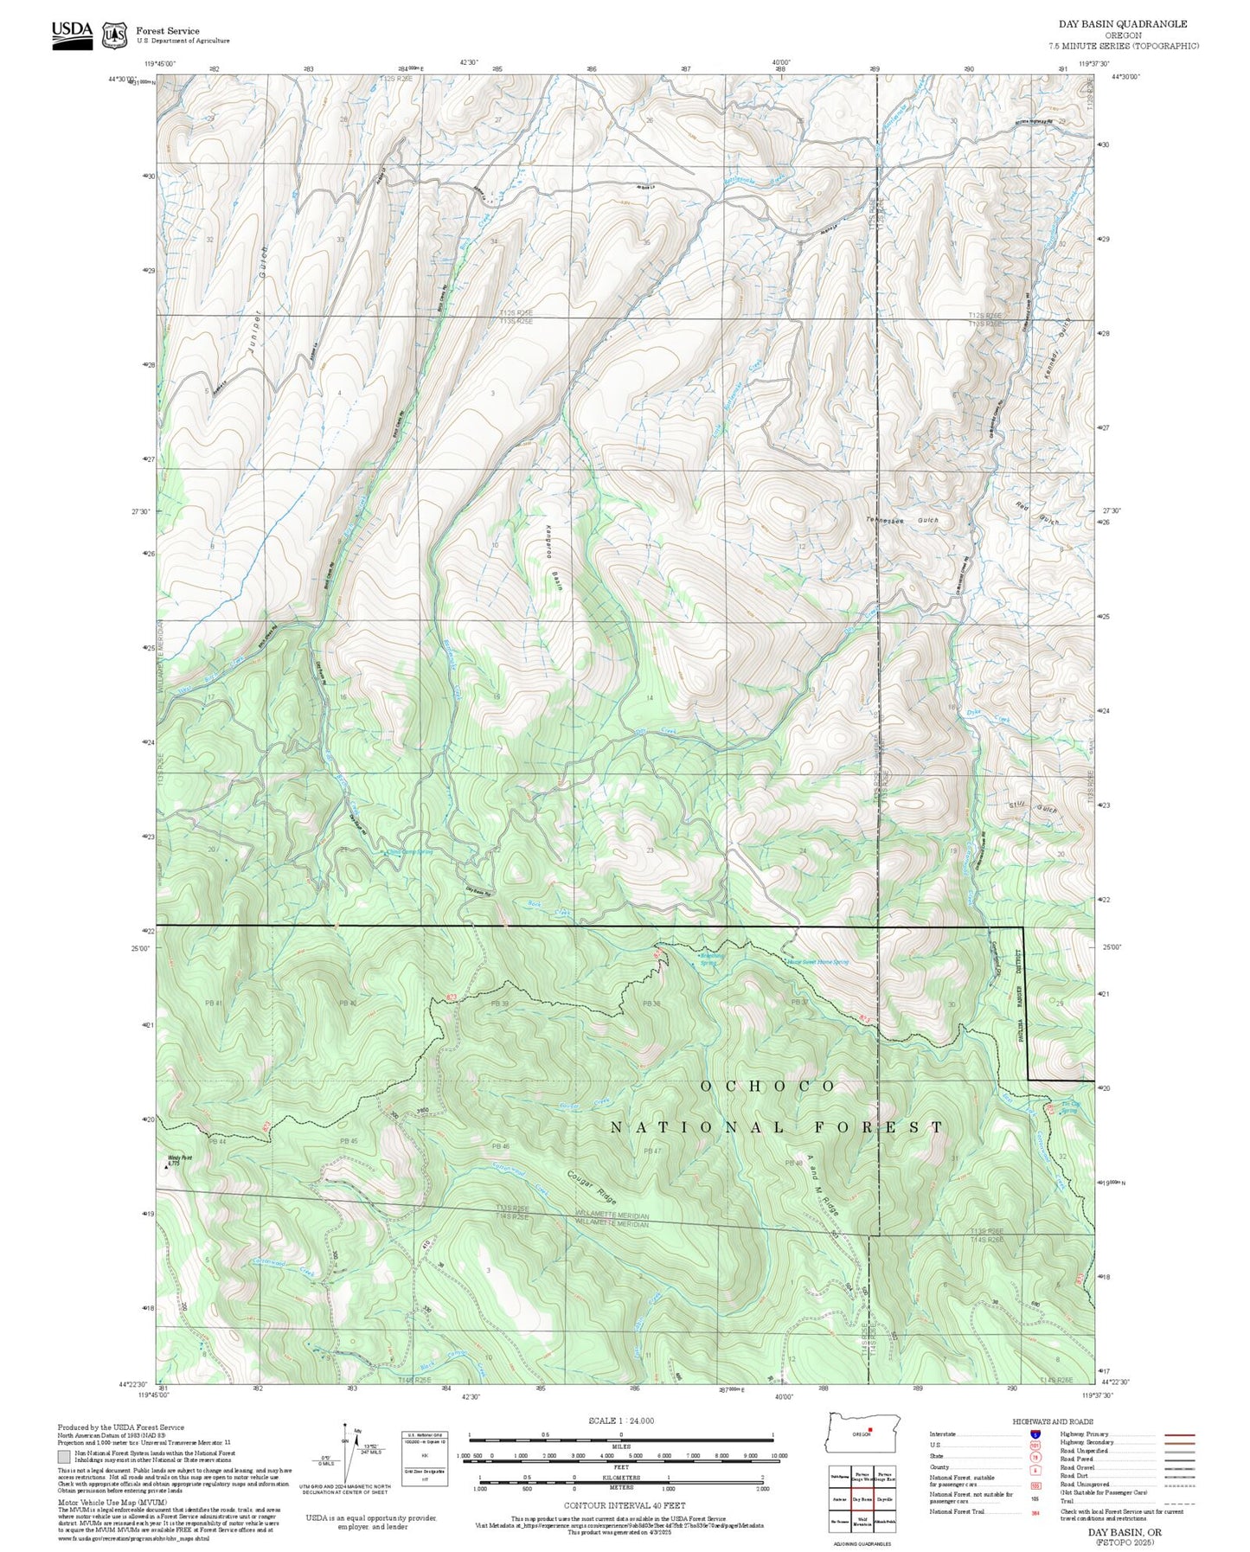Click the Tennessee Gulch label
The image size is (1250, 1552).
(x=902, y=521)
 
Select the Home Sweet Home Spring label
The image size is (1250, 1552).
(x=817, y=962)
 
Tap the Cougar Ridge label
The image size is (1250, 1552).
(x=593, y=1189)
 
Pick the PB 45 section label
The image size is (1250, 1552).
(x=349, y=1141)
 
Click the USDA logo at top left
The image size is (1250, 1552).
(x=72, y=34)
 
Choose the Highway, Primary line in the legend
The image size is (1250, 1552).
(x=1179, y=1434)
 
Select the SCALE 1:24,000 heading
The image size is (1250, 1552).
(x=620, y=1421)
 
